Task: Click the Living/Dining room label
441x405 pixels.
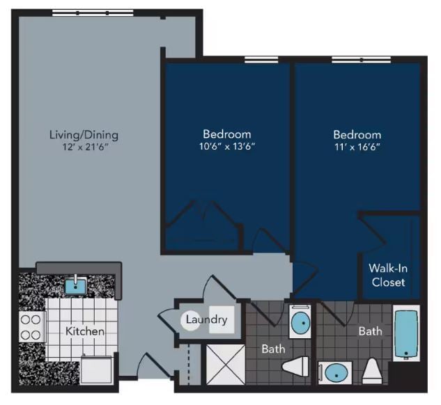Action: click(x=84, y=134)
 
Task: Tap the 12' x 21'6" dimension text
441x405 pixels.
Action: click(x=84, y=148)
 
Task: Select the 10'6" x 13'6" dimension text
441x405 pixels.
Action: click(x=227, y=147)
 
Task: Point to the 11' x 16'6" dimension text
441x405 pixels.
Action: click(x=357, y=148)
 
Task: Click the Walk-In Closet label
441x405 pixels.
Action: click(x=388, y=276)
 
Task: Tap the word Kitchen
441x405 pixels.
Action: click(x=85, y=331)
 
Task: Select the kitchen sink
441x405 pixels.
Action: click(x=76, y=284)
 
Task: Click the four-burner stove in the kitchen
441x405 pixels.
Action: click(x=30, y=326)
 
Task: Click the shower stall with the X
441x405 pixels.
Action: click(x=223, y=363)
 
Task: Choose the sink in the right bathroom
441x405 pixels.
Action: click(x=336, y=372)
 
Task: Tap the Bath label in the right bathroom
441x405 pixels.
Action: click(x=370, y=331)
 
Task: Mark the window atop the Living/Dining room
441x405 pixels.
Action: click(x=93, y=13)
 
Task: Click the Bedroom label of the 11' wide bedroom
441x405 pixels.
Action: click(x=357, y=134)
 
